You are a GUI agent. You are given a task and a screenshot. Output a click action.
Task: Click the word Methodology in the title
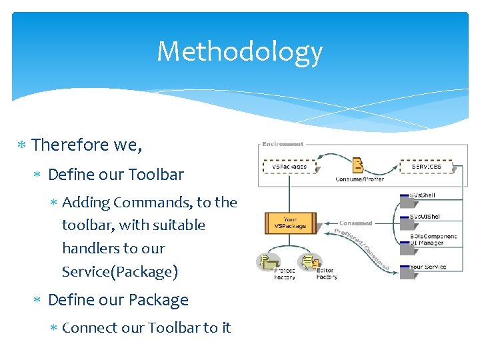[239, 52]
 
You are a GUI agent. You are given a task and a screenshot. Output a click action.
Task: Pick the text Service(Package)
[120, 271]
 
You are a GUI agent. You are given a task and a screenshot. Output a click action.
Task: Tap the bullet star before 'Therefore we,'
[21, 145]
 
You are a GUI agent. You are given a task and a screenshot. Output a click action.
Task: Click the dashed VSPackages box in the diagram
[290, 166]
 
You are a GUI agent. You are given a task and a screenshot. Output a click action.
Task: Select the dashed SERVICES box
[426, 166]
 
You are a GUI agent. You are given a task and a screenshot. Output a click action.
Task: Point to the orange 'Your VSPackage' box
[290, 222]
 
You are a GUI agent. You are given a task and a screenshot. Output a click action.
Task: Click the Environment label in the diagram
[282, 144]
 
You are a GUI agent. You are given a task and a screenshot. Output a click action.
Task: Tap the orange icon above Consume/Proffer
[358, 165]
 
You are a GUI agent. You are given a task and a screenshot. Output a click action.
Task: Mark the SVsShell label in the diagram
[423, 195]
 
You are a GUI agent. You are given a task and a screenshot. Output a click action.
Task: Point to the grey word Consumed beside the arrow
[355, 223]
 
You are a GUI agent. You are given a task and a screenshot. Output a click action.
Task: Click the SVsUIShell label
[425, 217]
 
